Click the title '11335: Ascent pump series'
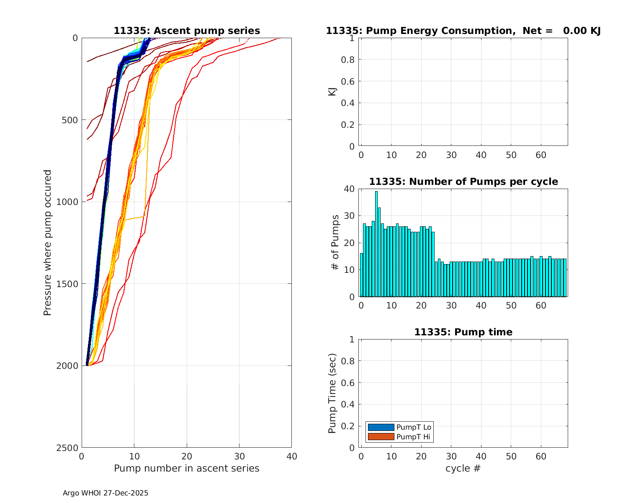[x=187, y=31]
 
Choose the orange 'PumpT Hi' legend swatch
[x=381, y=437]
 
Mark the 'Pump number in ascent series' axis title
[x=187, y=468]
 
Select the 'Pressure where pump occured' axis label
[x=47, y=243]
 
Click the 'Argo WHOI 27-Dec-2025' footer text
[x=106, y=493]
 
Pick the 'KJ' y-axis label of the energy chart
[x=332, y=91]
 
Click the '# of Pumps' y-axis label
[x=335, y=242]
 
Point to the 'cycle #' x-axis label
[x=463, y=468]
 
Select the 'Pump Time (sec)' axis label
[x=332, y=393]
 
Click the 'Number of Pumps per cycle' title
[x=463, y=181]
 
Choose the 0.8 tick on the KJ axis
[x=348, y=60]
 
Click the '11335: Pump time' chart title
[x=463, y=332]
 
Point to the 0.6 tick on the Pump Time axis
[x=348, y=383]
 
